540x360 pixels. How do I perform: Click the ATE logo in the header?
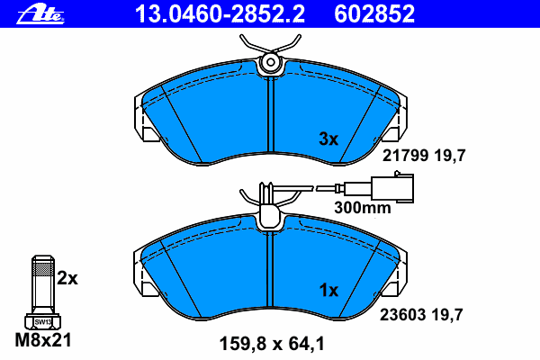(40, 14)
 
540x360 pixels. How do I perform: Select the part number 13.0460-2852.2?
(220, 14)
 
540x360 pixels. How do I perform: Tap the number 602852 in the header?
(374, 14)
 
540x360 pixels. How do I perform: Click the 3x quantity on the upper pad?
(328, 139)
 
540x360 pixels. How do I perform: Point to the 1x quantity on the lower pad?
(328, 291)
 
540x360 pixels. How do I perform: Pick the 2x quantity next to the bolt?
(67, 278)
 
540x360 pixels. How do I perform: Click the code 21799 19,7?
(424, 156)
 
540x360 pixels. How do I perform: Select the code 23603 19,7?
(421, 314)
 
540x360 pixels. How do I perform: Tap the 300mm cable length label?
(363, 208)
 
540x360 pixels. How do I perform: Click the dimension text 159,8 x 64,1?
(272, 344)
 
